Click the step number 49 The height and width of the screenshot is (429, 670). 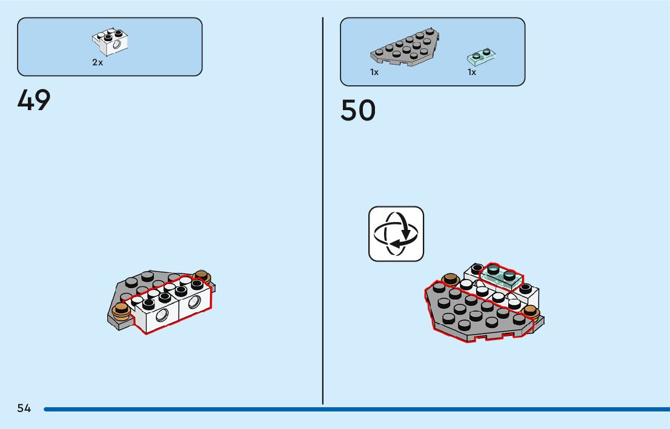[x=34, y=100]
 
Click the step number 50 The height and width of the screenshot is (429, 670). [x=357, y=111]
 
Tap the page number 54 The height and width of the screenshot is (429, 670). [x=24, y=408]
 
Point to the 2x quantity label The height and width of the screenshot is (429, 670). [x=98, y=62]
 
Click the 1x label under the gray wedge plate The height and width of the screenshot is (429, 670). [x=374, y=73]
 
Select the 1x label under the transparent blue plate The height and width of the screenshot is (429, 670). [x=471, y=73]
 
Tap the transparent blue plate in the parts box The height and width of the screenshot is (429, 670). [x=482, y=57]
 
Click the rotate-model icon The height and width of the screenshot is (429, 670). [x=396, y=234]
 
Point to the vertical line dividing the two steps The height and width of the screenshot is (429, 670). [x=323, y=212]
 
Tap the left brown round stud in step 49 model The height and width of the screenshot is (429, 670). [x=121, y=311]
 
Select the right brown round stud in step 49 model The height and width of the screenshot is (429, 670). [x=202, y=277]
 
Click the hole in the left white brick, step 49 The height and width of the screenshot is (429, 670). [x=162, y=315]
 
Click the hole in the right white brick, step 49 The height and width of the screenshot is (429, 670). [x=195, y=302]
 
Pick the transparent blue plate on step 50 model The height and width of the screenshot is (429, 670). [x=502, y=276]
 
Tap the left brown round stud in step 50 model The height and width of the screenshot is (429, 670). [x=450, y=279]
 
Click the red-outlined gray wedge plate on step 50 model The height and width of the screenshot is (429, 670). [x=479, y=315]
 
